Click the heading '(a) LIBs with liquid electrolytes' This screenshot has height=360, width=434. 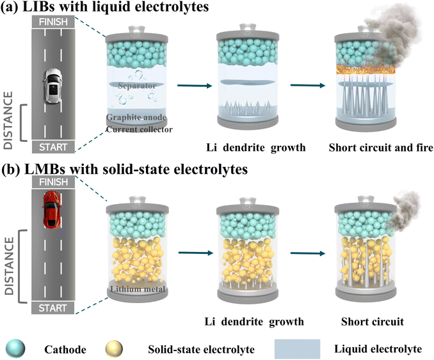pos(95,8)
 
